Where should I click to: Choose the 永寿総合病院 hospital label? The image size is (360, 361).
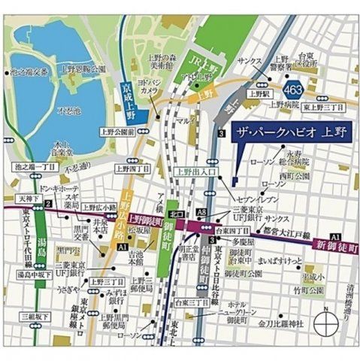click(x=327, y=164)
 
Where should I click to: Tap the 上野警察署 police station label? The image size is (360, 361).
click(x=280, y=63)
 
